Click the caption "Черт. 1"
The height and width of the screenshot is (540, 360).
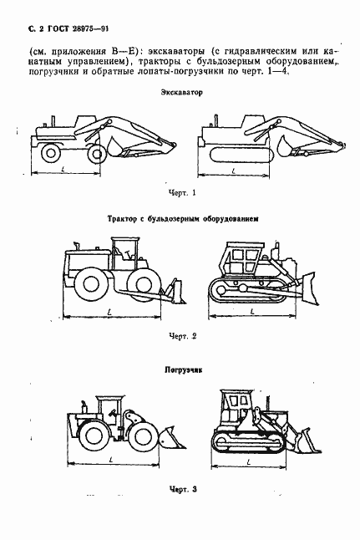coord(181,194)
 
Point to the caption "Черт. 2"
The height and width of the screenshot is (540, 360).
coord(181,336)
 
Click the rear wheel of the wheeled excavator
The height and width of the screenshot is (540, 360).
coord(51,153)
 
